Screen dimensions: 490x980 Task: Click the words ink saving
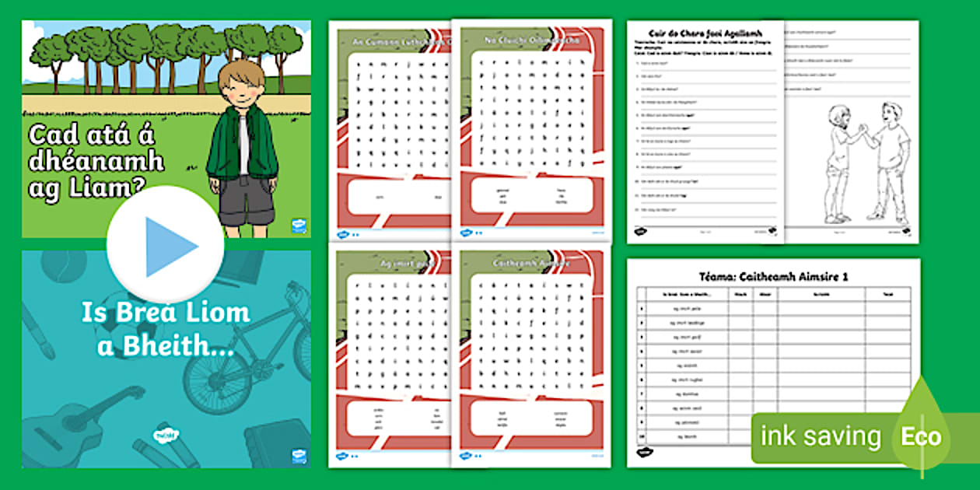pyautogui.click(x=821, y=436)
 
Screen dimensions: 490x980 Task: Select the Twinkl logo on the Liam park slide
pyautogui.click(x=298, y=226)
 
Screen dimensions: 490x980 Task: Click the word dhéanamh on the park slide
pyautogui.click(x=96, y=161)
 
